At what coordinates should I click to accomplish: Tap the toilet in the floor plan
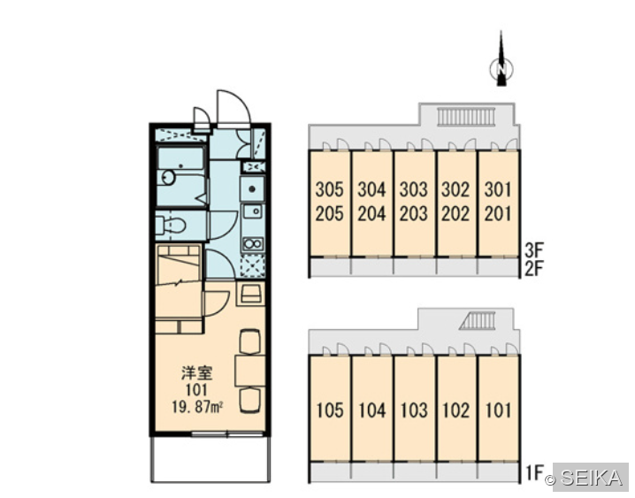click(x=171, y=225)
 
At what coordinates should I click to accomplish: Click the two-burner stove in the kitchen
click(x=253, y=244)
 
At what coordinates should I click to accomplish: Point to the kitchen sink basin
click(x=253, y=211)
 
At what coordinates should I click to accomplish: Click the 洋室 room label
click(x=197, y=373)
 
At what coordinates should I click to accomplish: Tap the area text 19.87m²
click(x=198, y=407)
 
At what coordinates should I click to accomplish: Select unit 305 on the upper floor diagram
click(x=329, y=189)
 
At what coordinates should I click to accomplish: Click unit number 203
click(x=414, y=214)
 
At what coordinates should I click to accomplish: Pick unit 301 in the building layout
click(x=498, y=189)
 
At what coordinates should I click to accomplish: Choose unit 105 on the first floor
click(x=330, y=410)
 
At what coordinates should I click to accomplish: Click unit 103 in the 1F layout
click(x=414, y=410)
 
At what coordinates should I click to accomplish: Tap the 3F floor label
click(x=534, y=249)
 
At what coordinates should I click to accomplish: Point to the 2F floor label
click(x=534, y=268)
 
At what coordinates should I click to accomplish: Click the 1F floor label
click(x=534, y=473)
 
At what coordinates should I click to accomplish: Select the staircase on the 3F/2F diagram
click(x=466, y=116)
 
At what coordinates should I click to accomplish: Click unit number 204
click(x=371, y=214)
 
